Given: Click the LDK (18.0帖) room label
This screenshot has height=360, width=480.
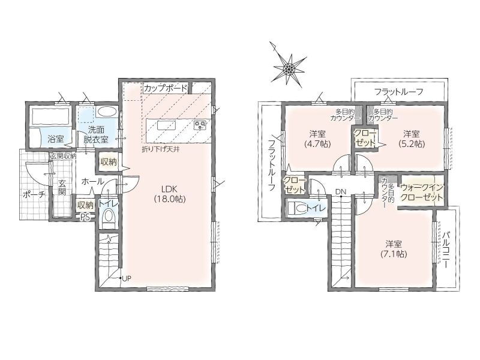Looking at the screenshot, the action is click(x=170, y=194).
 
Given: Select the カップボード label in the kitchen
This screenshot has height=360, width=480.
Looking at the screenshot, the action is click(x=166, y=88).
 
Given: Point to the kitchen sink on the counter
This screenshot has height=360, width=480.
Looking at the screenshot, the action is click(x=167, y=126).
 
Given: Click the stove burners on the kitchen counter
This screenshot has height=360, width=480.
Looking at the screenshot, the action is click(x=201, y=125).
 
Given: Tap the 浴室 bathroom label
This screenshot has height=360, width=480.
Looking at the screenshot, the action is click(x=56, y=139).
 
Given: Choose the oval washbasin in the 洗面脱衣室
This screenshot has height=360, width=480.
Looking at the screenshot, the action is click(x=106, y=111).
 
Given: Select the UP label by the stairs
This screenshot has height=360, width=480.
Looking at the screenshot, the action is click(x=127, y=279).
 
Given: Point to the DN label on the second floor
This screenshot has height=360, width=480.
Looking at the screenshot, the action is click(x=340, y=192).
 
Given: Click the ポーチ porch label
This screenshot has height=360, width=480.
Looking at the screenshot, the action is click(x=34, y=194).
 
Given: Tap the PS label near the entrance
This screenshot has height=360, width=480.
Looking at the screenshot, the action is click(x=85, y=217).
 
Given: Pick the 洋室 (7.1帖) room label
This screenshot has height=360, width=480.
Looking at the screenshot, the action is click(x=394, y=249).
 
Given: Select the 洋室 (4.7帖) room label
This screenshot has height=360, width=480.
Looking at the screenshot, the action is click(x=317, y=139).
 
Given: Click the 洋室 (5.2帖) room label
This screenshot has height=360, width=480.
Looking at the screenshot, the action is click(x=411, y=139).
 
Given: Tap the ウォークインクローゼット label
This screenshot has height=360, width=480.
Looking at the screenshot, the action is click(x=422, y=192).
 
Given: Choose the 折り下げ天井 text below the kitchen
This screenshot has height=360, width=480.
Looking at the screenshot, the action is click(x=160, y=149).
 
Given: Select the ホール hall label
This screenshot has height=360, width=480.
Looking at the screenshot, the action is click(x=92, y=181).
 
